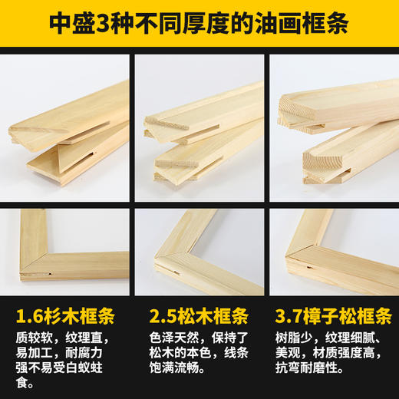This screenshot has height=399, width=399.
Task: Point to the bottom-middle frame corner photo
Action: (x=199, y=250)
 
